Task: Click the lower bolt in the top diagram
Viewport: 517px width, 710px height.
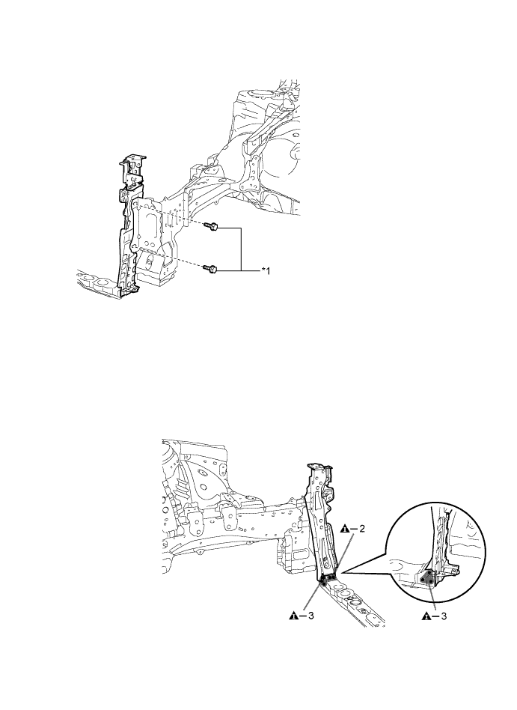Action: (x=211, y=269)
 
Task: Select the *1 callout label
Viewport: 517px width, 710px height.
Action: (x=265, y=270)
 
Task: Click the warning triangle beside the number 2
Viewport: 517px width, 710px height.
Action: (x=345, y=529)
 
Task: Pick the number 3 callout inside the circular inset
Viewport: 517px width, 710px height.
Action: (x=444, y=616)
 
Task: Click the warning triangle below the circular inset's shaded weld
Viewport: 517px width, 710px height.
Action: (x=426, y=616)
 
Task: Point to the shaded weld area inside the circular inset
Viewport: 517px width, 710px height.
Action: (x=426, y=579)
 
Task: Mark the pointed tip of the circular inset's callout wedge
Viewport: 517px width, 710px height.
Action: (x=343, y=573)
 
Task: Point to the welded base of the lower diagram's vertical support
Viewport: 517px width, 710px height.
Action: (x=328, y=578)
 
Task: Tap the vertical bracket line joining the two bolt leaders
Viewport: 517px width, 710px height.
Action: (x=242, y=249)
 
